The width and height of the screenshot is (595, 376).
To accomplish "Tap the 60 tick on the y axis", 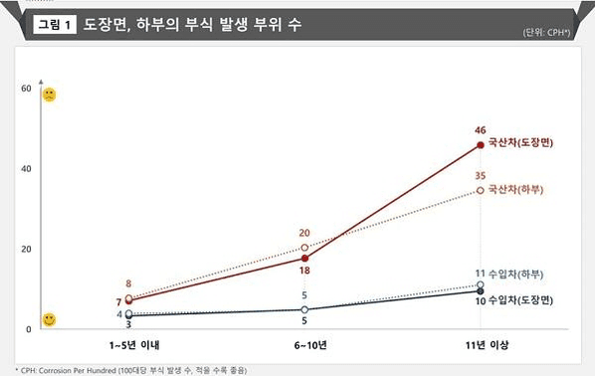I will coord(25,90).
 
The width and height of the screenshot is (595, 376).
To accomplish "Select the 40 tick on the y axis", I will coord(25,169).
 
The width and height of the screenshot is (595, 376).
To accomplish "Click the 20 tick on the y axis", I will coord(25,249).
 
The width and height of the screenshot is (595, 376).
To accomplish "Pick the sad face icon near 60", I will coord(48,94).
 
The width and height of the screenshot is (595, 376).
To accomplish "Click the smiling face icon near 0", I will coord(48,319).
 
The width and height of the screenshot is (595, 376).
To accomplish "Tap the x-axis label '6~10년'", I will coord(304,344).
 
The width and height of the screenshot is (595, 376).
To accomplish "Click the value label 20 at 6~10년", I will coord(304,233).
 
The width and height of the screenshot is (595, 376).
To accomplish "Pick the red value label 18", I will coord(304,271).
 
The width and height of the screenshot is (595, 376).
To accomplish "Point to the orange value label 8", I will coord(128,283).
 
